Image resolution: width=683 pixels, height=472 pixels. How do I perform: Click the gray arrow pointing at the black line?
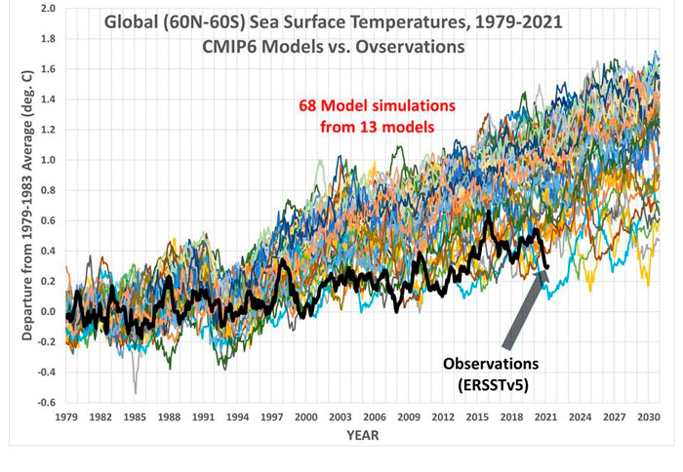coord(524,310)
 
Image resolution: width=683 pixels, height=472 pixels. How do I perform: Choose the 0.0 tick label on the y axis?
coord(45,312)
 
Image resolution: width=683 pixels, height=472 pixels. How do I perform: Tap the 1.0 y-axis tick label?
coord(45,160)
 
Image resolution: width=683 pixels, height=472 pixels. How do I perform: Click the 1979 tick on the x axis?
coord(67,417)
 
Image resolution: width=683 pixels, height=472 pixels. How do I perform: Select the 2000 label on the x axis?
coord(306,417)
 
